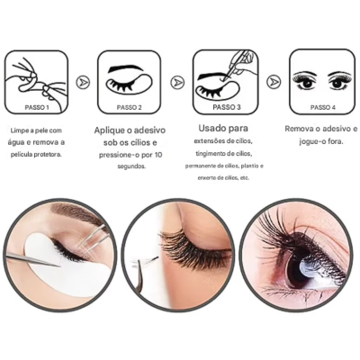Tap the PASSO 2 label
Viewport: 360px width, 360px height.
[128, 106]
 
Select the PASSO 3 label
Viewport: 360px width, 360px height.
[226, 106]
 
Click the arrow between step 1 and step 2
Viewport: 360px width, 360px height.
[82, 82]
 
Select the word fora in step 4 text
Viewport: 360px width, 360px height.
[339, 142]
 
